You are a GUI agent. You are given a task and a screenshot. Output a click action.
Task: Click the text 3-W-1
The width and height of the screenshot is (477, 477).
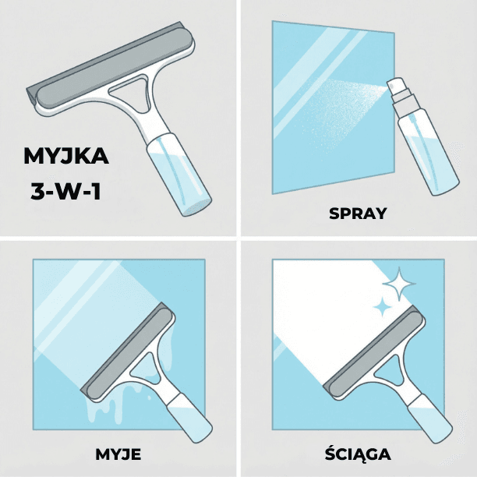click(66, 190)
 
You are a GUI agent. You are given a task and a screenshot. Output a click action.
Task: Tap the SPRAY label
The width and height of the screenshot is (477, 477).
click(358, 213)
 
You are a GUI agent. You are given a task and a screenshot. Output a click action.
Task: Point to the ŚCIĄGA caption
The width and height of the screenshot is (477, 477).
click(358, 454)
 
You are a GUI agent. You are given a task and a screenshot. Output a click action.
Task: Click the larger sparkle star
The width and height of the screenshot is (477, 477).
click(400, 285)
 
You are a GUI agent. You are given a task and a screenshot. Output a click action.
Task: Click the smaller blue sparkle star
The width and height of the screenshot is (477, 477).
click(382, 309)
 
